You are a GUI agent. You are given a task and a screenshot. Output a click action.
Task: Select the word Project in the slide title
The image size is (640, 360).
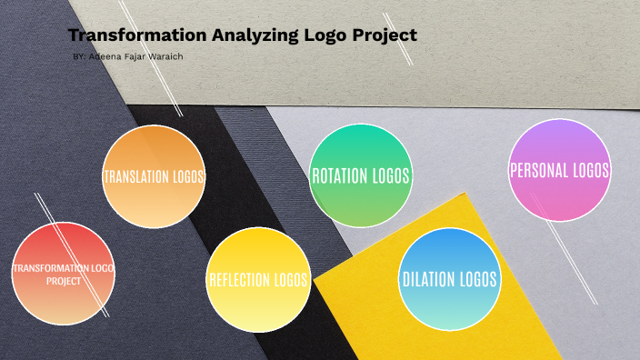coord(385,36)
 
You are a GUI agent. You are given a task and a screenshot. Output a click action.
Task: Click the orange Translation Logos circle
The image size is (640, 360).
coord(154,176)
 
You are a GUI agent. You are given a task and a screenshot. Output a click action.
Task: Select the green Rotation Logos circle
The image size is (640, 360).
coord(361,175)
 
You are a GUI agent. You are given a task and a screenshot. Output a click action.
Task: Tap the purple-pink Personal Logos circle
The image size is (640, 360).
coord(559,170)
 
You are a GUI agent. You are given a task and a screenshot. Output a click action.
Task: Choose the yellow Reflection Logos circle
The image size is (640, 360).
coord(258,279)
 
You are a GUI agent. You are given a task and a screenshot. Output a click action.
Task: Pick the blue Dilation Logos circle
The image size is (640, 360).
coord(450,279)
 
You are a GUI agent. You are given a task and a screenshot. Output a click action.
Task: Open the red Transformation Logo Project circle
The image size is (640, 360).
coord(64,274)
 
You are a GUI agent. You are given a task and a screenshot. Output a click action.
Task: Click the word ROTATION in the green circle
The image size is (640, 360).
coord(339,175)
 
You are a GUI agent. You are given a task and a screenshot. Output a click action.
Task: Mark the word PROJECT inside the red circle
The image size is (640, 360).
coord(64,281)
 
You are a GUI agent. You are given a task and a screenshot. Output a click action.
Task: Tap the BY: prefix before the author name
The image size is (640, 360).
coord(79,57)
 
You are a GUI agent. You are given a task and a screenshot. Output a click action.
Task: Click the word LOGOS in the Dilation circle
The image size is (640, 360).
coord(479,279)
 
